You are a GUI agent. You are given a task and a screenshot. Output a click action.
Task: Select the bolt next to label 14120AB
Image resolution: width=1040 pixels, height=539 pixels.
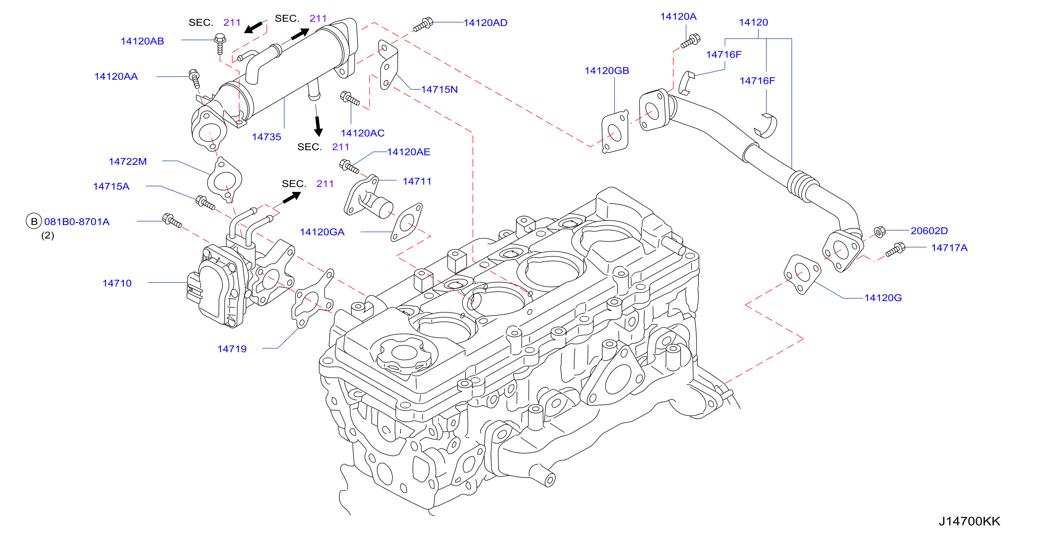pyautogui.click(x=220, y=44)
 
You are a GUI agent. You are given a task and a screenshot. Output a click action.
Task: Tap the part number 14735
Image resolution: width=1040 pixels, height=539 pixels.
pyautogui.click(x=266, y=137)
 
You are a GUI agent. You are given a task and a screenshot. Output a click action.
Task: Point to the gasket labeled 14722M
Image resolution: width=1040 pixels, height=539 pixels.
pyautogui.click(x=225, y=179)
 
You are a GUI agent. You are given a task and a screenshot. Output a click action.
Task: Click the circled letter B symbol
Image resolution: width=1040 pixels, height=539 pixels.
pyautogui.click(x=34, y=222)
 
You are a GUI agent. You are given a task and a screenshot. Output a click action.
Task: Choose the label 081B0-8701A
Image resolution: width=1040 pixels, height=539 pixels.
pyautogui.click(x=77, y=222)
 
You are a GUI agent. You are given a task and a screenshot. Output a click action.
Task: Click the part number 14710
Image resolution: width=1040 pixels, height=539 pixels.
pyautogui.click(x=117, y=283)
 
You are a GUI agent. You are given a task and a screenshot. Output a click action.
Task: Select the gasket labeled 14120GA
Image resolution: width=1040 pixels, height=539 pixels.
pyautogui.click(x=407, y=223)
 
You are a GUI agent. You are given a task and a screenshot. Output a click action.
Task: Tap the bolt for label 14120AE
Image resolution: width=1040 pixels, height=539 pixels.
pyautogui.click(x=349, y=166)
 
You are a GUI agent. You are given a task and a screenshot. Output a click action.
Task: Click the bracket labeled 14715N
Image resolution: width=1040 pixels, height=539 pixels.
pyautogui.click(x=388, y=65)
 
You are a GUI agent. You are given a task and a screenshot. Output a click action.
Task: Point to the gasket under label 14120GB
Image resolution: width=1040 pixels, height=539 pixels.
pyautogui.click(x=615, y=132)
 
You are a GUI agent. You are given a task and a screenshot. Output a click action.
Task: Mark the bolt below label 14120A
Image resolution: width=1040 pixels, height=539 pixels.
pyautogui.click(x=690, y=41)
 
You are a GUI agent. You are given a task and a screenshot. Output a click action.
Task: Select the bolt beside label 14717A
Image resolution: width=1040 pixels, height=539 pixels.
pyautogui.click(x=895, y=250)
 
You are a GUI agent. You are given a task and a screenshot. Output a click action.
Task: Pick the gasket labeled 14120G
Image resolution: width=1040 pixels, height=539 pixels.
pyautogui.click(x=802, y=274)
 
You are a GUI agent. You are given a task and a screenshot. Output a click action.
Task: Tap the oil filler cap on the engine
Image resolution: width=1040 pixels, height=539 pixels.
pyautogui.click(x=404, y=355)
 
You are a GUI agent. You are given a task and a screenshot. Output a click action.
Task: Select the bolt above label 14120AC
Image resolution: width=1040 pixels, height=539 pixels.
pyautogui.click(x=350, y=98)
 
